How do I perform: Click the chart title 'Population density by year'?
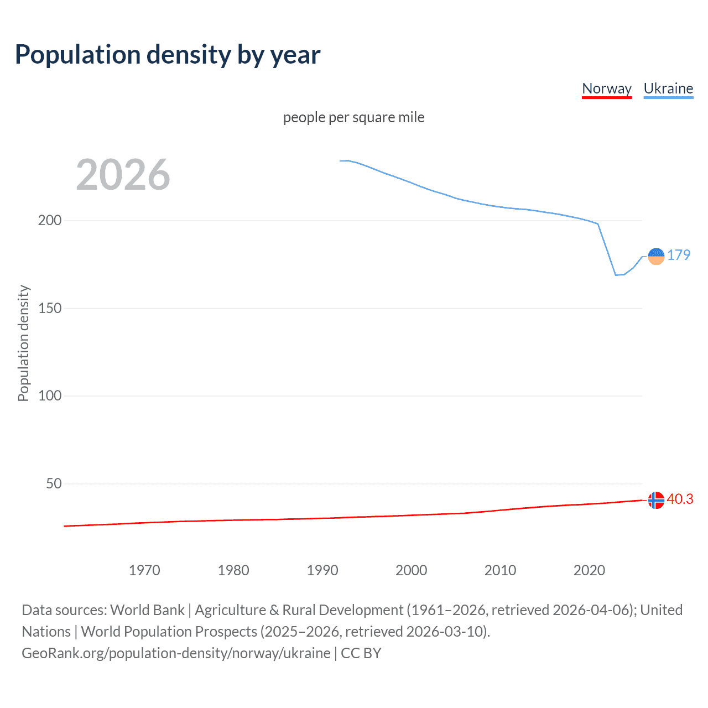[168, 54]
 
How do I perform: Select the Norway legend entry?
[607, 88]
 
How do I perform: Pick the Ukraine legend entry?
[668, 88]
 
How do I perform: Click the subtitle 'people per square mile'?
[354, 117]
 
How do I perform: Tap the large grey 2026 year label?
[123, 175]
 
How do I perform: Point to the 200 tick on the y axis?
[50, 220]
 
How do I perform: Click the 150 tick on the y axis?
[50, 308]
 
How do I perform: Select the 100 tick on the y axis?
[50, 395]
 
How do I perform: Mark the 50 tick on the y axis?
[54, 483]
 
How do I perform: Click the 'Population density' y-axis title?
[23, 343]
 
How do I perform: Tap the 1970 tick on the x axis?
[144, 570]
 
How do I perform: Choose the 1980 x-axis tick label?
[233, 570]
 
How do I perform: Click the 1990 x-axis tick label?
[322, 570]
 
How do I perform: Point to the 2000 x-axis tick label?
[412, 570]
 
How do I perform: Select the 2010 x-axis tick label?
[501, 570]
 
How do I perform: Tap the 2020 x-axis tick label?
[590, 570]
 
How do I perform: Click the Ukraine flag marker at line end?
[656, 256]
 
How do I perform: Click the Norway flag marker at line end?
[656, 500]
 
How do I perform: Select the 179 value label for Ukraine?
[679, 255]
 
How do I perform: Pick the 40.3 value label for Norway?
[680, 499]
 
